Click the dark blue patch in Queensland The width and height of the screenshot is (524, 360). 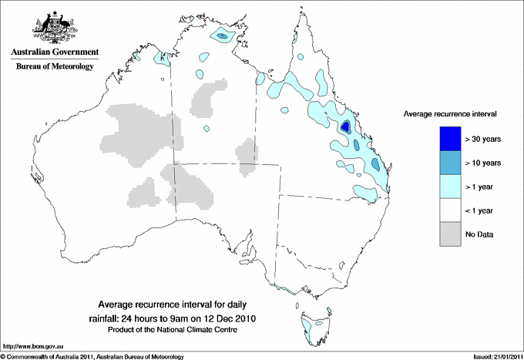click(346, 126)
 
